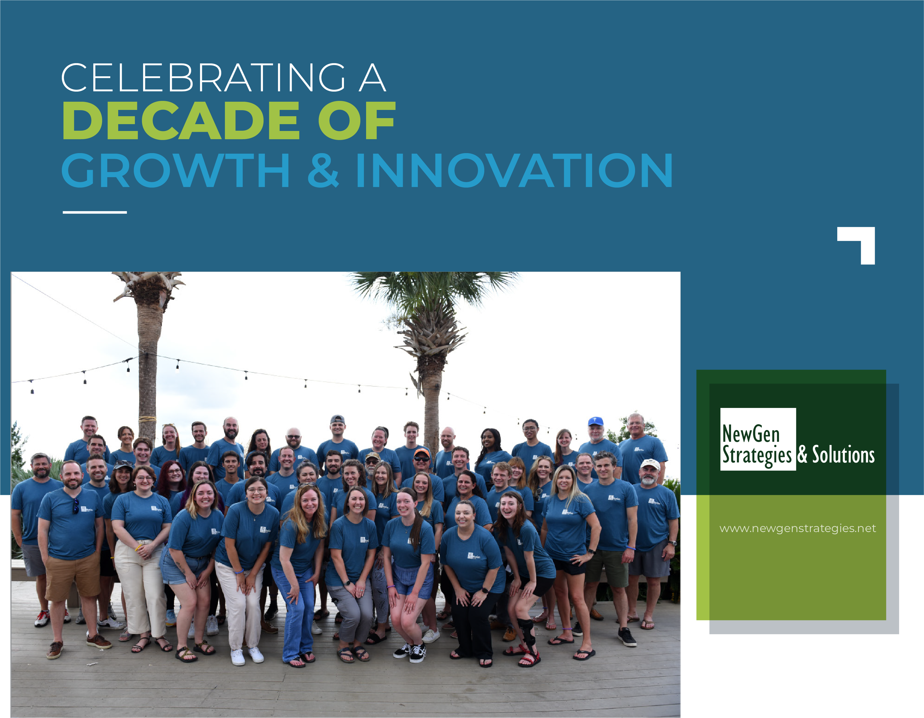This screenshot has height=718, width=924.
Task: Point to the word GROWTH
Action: click(x=176, y=170)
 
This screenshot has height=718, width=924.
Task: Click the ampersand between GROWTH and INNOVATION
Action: click(x=323, y=170)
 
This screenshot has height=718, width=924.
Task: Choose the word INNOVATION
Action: click(x=514, y=170)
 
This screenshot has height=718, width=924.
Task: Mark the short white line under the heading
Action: click(x=95, y=212)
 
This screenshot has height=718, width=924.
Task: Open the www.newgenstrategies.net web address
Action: click(x=798, y=529)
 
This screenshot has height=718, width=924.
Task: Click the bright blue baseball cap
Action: click(x=595, y=421)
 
